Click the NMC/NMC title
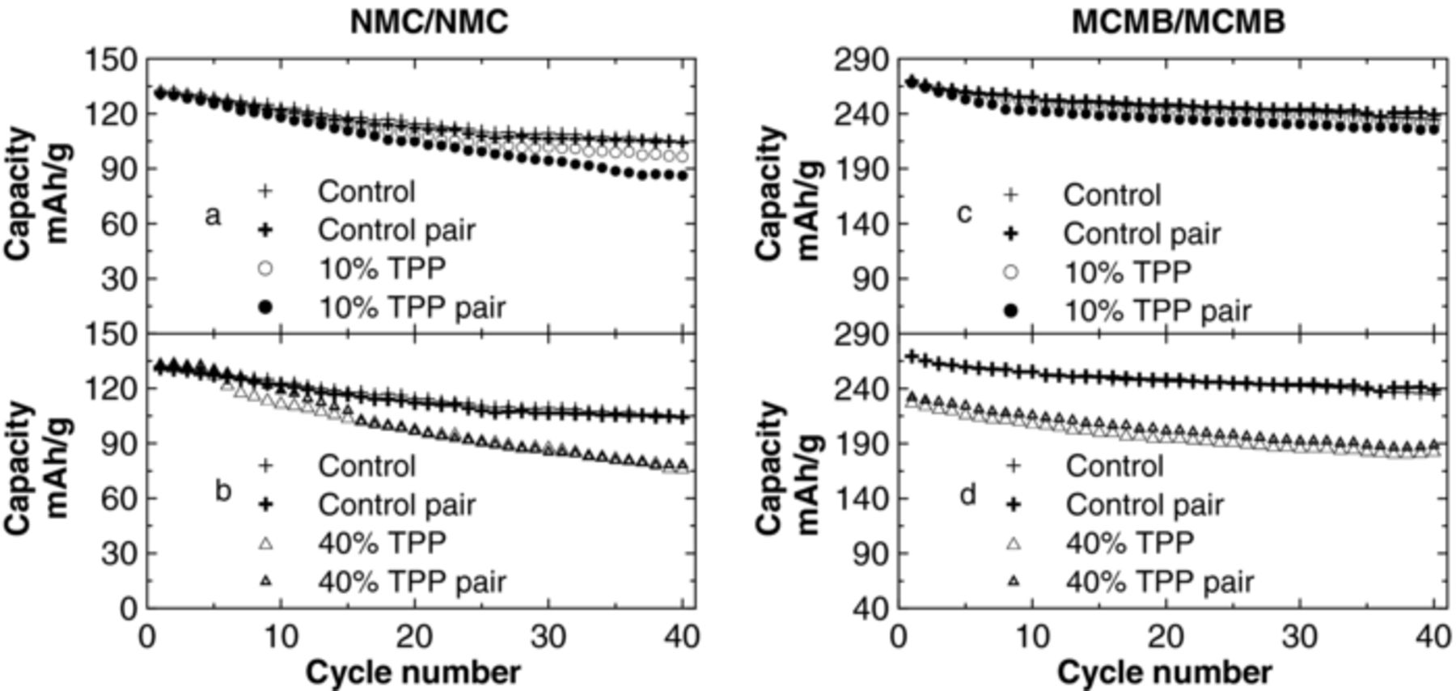429,22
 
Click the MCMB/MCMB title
1178,22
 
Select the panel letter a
212,215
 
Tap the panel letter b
223,490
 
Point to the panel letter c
963,214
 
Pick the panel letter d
968,494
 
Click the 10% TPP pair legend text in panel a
412,307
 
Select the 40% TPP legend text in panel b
382,542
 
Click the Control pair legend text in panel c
1141,234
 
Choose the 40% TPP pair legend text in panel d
1159,581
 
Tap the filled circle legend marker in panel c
1010,310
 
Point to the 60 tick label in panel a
119,223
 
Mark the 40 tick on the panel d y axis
870,608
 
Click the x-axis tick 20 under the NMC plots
415,638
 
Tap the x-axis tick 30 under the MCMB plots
1299,638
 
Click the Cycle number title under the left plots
413,672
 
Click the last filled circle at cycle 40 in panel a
683,174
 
